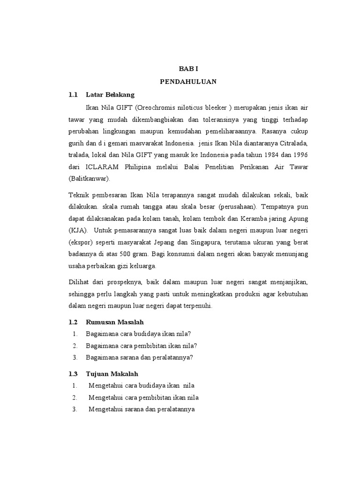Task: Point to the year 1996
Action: (x=298, y=155)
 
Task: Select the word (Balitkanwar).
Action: (x=90, y=179)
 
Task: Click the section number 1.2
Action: (x=72, y=322)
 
